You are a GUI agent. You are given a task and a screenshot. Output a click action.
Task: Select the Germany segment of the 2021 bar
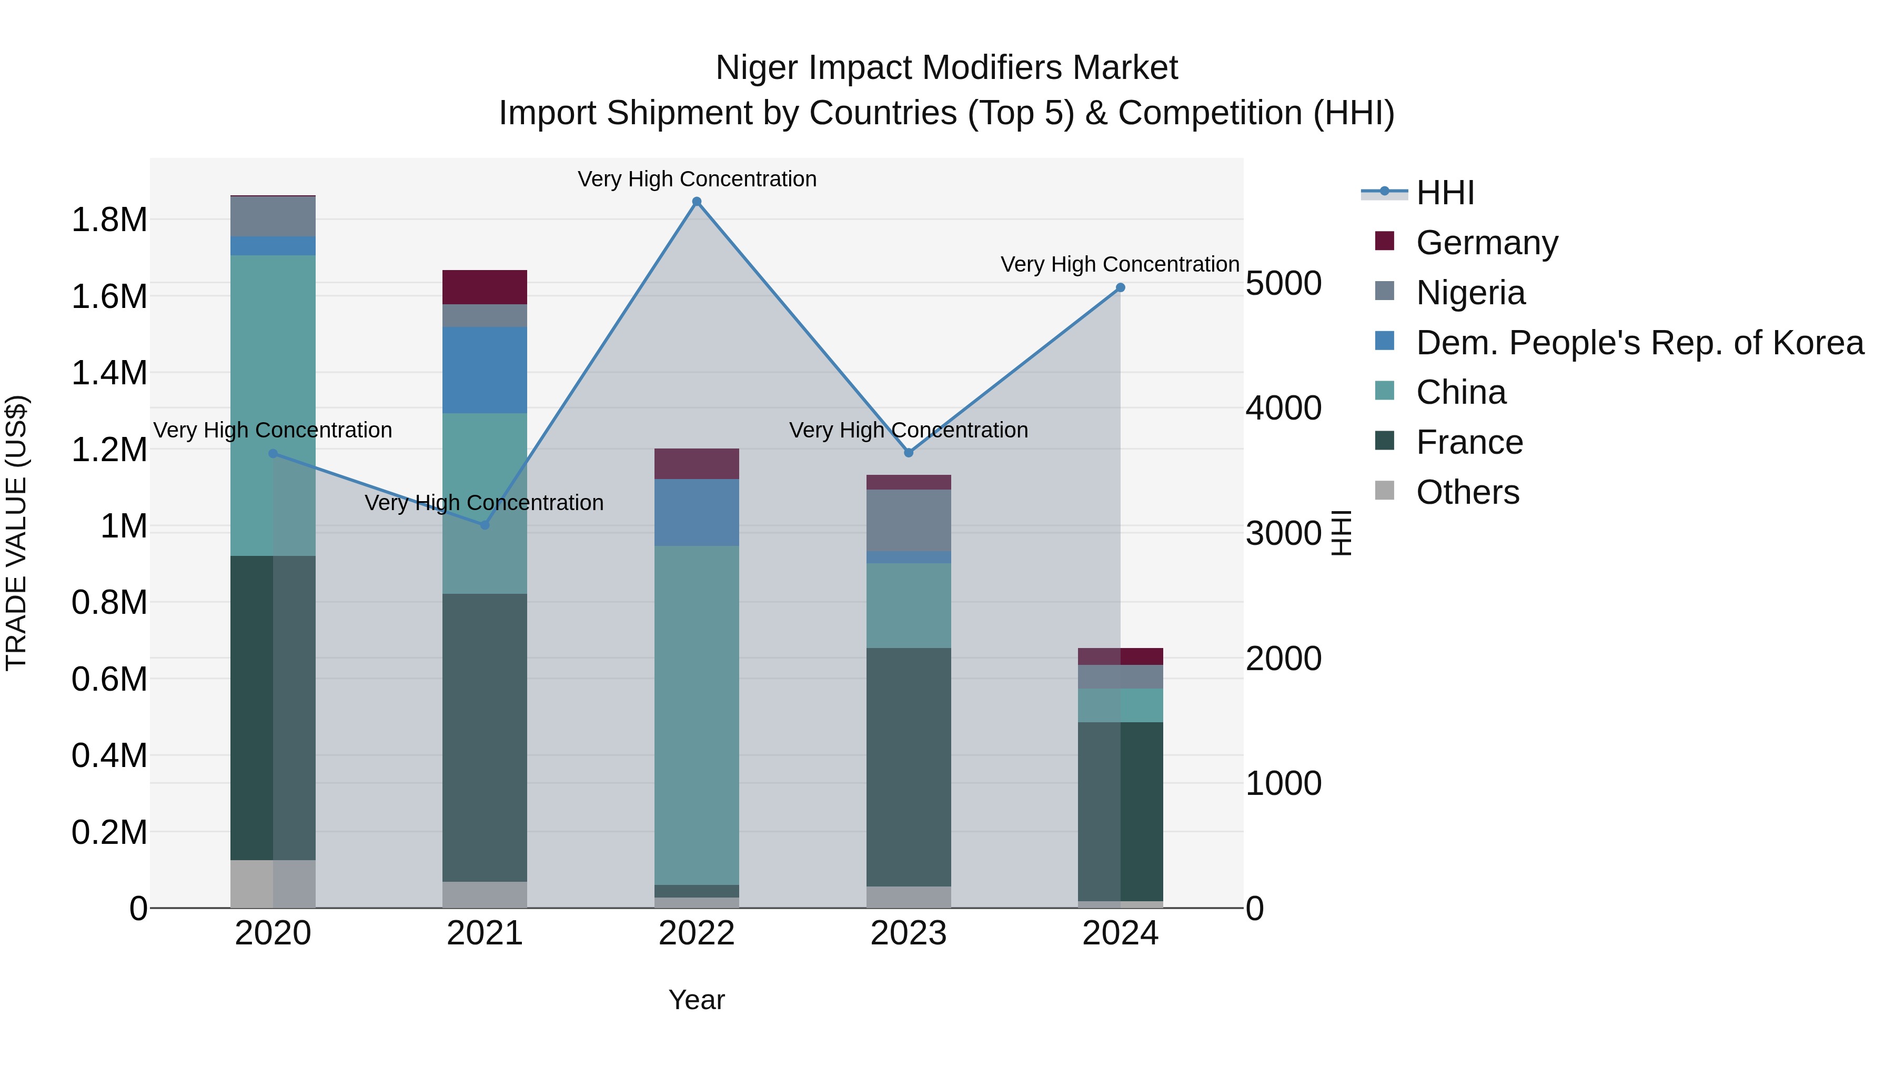pos(485,287)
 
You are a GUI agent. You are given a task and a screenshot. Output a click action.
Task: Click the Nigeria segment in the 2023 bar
pos(908,520)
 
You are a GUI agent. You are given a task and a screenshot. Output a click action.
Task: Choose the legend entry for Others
pos(1467,492)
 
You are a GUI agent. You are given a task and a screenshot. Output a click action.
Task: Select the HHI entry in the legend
pos(1444,193)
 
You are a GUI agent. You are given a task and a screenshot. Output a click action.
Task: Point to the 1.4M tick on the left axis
pos(109,373)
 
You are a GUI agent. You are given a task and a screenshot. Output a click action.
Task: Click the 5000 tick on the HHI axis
pos(1283,283)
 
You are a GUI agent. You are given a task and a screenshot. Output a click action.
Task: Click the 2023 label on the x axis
pos(908,933)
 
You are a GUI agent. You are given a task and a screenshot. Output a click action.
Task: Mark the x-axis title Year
pos(696,1000)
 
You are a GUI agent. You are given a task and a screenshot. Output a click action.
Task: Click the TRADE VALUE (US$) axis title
pos(16,533)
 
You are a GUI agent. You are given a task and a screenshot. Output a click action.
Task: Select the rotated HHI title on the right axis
pos(1341,533)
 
